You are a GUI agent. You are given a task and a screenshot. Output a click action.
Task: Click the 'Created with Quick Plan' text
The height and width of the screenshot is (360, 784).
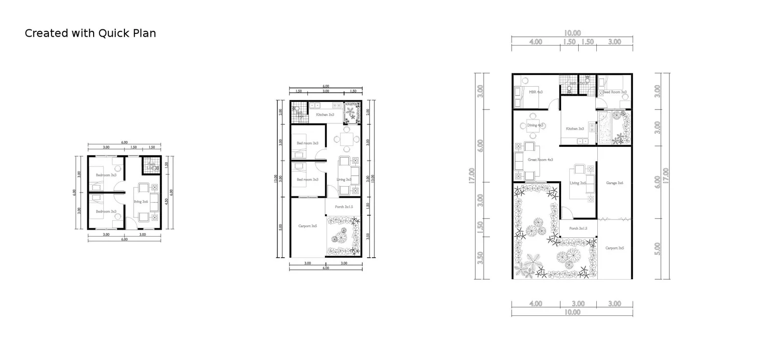point(90,33)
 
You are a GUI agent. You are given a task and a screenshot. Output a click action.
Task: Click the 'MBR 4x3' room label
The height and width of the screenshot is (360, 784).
point(536,92)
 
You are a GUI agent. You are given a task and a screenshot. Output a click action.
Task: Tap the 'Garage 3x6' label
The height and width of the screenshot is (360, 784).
point(614,183)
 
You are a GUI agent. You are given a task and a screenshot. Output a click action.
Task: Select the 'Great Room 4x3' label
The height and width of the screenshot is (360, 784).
point(540,160)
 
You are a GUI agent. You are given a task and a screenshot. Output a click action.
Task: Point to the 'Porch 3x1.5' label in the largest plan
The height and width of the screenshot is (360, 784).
point(578,228)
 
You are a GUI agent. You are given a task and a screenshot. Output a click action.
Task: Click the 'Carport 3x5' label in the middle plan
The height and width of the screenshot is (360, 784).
point(308,226)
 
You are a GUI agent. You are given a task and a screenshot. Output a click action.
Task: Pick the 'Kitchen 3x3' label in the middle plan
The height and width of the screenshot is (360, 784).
point(325,115)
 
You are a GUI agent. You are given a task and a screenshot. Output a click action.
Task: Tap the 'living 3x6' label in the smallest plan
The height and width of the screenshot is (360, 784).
point(141,201)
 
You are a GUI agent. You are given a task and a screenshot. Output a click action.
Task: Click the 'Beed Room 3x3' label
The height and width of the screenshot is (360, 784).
point(614,92)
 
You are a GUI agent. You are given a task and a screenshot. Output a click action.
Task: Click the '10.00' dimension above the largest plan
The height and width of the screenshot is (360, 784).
point(572,33)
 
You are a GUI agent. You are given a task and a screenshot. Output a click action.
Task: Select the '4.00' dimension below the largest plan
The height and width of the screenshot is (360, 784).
point(536,304)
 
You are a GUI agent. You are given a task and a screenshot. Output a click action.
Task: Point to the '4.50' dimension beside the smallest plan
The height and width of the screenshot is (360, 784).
point(167,200)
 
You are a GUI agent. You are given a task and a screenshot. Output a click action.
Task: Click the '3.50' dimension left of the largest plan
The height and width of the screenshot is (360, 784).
point(481,258)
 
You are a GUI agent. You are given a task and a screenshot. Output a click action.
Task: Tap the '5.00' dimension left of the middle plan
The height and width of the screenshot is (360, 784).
point(281,227)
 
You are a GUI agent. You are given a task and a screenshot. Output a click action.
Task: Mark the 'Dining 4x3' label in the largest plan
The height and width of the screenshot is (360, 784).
point(535,125)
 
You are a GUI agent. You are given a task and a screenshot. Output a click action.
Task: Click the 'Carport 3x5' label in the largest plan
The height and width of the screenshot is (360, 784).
point(614,248)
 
